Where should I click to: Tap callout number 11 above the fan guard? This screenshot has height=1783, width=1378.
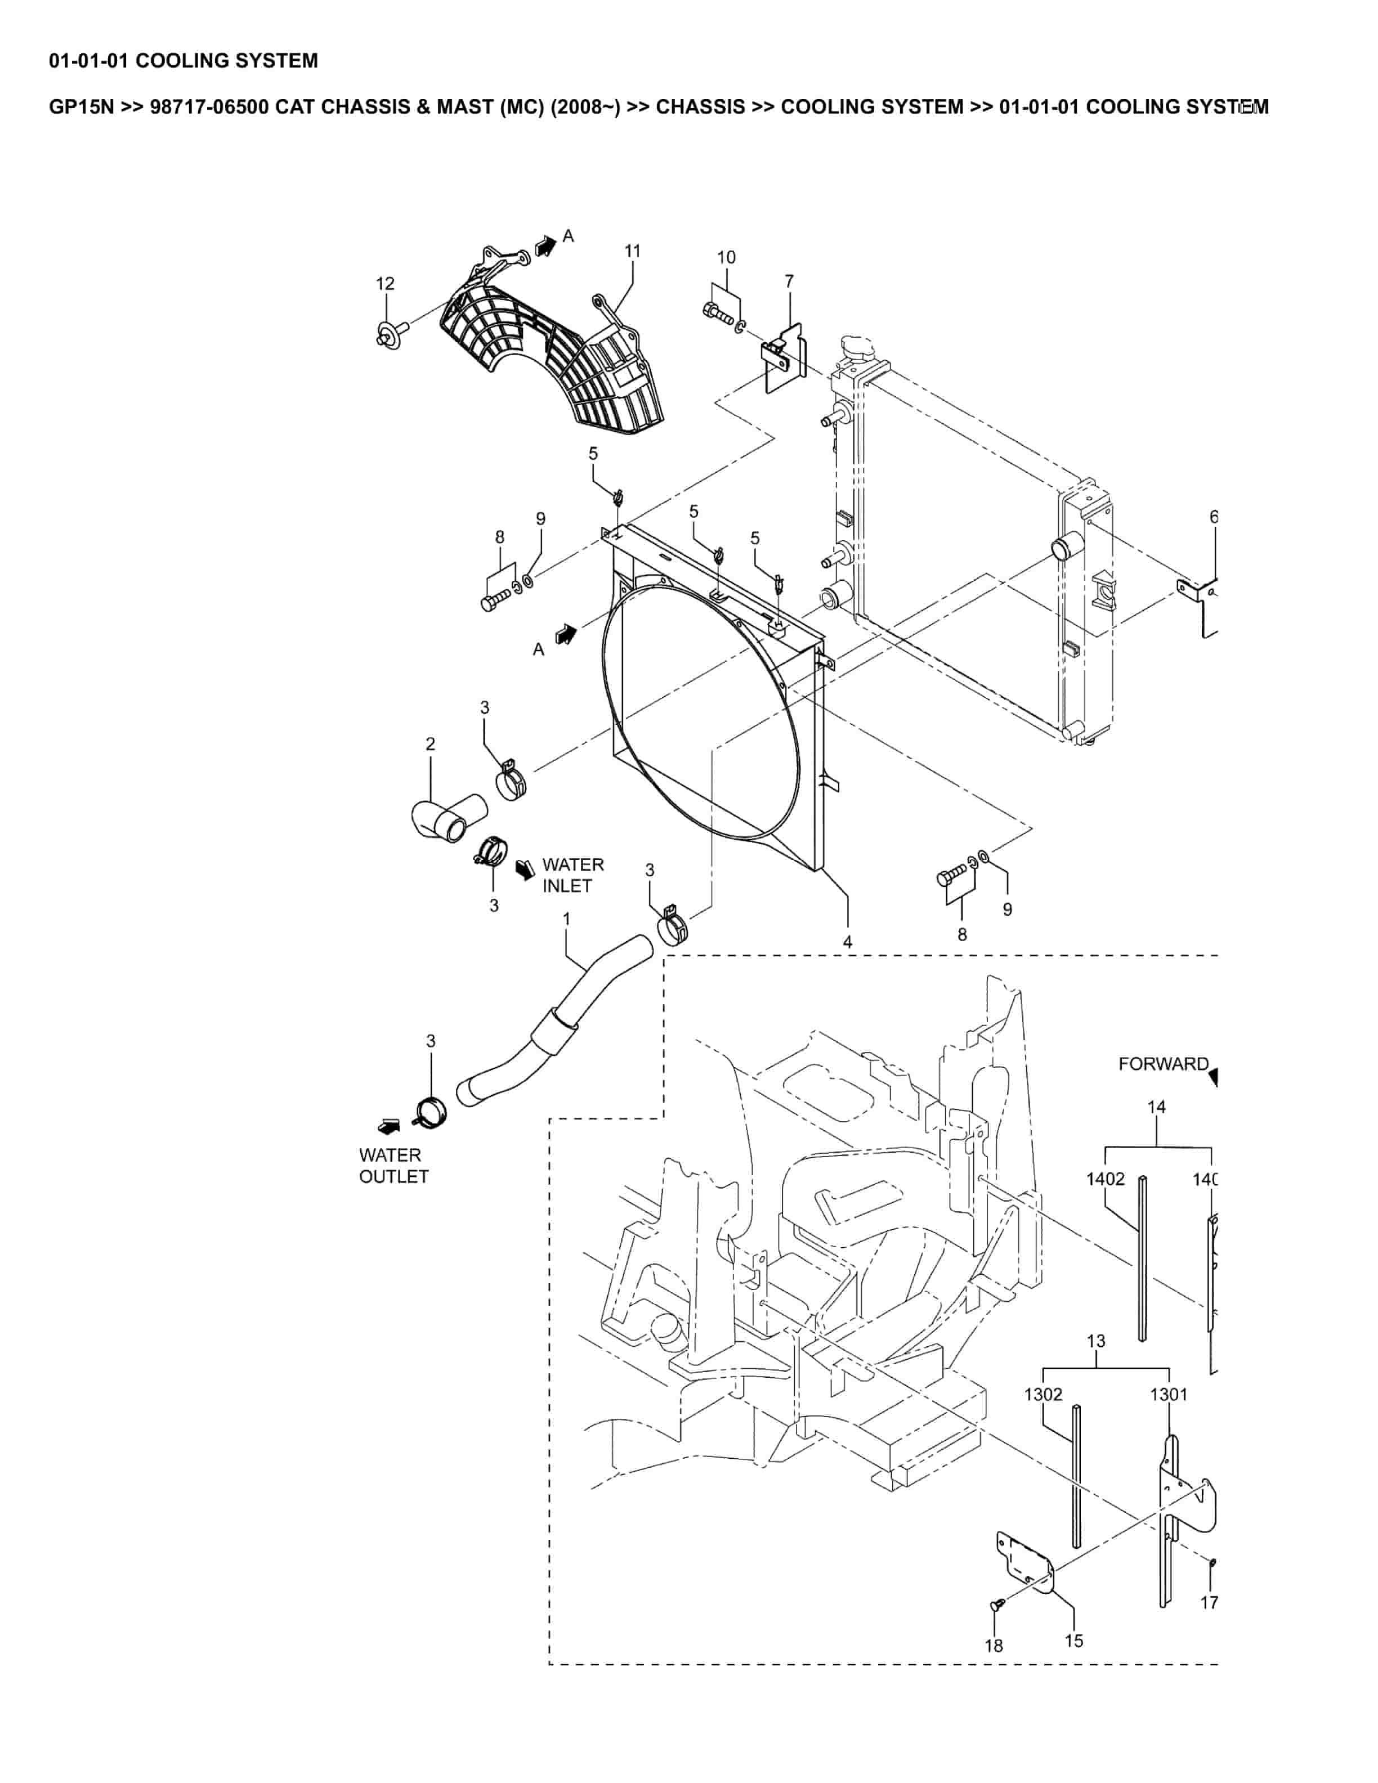[633, 252]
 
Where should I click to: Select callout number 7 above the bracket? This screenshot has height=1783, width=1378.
[789, 281]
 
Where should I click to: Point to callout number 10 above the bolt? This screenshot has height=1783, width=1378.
[726, 258]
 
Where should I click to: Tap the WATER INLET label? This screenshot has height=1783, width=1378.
[572, 875]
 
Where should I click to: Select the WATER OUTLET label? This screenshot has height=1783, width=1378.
[393, 1166]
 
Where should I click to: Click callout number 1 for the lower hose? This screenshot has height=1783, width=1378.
[566, 919]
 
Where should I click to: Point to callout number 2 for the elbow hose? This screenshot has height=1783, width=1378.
[430, 743]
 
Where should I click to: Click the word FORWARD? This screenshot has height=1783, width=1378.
[1162, 1064]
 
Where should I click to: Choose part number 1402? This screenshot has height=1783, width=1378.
[1106, 1179]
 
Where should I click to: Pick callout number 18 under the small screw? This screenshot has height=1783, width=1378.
[994, 1646]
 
